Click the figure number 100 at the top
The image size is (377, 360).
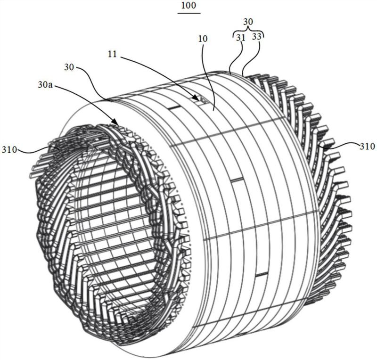[189, 6]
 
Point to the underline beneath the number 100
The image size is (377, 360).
[189, 13]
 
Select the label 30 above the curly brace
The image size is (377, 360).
[248, 22]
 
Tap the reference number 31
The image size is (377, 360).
[240, 38]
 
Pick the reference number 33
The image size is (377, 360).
[256, 37]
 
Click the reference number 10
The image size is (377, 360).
[203, 39]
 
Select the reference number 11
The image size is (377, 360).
[112, 55]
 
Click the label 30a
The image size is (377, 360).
[45, 85]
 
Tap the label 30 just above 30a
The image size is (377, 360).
[69, 67]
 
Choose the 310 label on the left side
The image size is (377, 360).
[9, 150]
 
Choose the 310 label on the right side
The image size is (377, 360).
[367, 146]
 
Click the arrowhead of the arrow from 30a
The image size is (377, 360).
[115, 122]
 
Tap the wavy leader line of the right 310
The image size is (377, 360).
[339, 144]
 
